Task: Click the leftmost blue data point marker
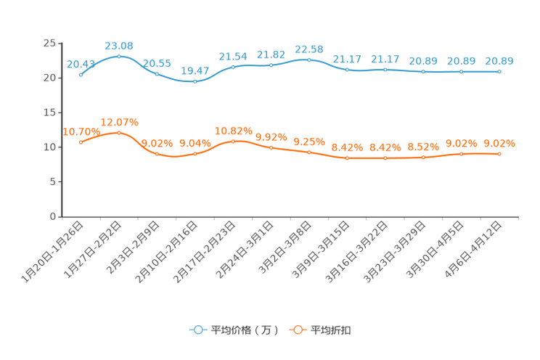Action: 81,74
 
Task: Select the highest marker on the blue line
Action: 119,56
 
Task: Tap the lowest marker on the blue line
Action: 195,81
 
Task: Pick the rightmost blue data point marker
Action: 499,71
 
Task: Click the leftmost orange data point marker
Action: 81,142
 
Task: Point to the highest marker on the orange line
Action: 119,132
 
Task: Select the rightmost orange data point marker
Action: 499,154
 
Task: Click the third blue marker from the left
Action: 157,74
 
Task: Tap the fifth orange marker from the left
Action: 233,141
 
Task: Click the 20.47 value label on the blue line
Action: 195,70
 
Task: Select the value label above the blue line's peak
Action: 119,46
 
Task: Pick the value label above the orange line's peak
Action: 119,121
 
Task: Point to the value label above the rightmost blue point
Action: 499,60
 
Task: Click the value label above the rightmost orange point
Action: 499,144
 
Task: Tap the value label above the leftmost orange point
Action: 81,131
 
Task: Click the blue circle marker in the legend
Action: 198,330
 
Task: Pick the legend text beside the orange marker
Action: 331,330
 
